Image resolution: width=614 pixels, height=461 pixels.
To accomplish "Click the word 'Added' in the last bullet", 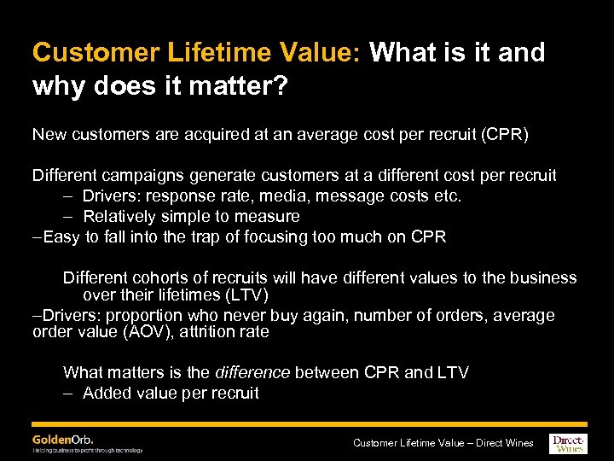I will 107,393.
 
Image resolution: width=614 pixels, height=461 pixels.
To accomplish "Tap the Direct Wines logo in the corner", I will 568,441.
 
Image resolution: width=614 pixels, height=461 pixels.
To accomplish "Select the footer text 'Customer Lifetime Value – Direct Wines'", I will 443,442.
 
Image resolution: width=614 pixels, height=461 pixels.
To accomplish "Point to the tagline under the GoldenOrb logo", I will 87,450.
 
